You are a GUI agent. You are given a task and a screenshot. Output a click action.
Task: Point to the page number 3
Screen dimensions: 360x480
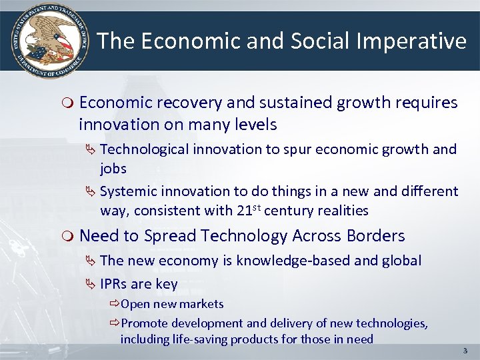pyautogui.click(x=465, y=350)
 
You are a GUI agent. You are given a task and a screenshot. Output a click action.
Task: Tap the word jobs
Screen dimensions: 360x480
pyautogui.click(x=113, y=168)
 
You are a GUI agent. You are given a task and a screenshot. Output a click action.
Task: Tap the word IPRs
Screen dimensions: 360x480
pyautogui.click(x=114, y=284)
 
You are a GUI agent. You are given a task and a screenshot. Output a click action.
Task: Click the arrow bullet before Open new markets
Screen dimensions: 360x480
pyautogui.click(x=115, y=304)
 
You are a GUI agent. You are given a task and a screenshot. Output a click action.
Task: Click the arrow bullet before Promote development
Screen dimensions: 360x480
pyautogui.click(x=115, y=323)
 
